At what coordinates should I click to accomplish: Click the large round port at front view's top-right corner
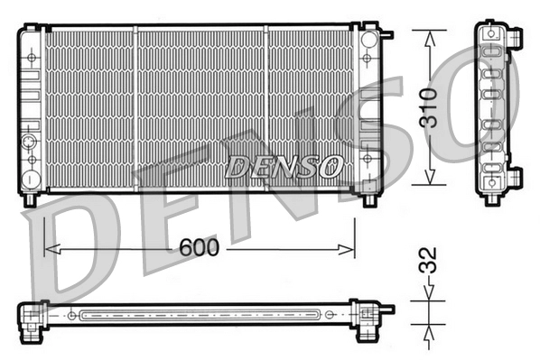(x=368, y=42)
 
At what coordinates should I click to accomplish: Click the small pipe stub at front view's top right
(x=387, y=35)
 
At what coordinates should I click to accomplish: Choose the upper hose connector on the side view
(x=515, y=37)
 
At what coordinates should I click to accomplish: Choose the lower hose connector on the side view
(x=515, y=176)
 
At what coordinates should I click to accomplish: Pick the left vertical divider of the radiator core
(x=135, y=108)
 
